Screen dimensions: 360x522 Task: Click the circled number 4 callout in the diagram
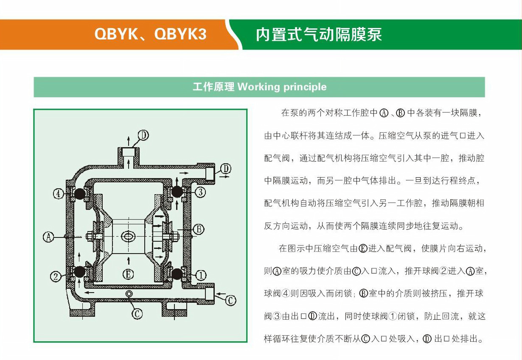[59, 194]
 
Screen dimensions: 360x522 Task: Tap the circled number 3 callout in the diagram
[200, 193]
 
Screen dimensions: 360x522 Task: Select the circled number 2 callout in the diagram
[56, 276]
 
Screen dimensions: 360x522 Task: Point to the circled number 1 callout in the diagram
[201, 276]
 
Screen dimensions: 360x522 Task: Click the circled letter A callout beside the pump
[49, 237]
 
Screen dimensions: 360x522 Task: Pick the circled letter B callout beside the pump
[199, 229]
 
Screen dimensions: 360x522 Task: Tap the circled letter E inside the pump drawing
[129, 274]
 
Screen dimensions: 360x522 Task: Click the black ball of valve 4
[79, 194]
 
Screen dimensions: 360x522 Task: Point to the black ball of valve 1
[177, 274]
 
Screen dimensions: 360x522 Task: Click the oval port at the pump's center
[128, 236]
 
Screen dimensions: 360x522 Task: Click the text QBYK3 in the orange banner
[180, 34]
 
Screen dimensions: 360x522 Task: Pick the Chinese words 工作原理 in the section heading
[213, 87]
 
